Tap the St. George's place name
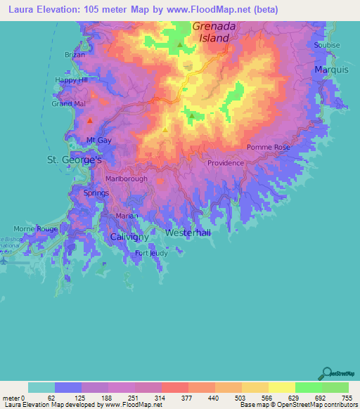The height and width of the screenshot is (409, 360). point(75,160)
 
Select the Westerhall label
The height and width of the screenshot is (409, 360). point(188,233)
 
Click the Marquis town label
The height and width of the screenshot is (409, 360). point(331,70)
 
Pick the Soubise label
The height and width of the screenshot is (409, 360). point(327,45)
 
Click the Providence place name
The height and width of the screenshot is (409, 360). point(225,163)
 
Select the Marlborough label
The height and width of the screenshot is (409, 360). point(127,179)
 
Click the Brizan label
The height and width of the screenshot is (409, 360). point(75,54)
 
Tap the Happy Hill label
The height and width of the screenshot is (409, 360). point(72,80)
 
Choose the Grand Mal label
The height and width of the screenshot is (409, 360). point(69,104)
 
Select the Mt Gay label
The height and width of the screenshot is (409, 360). point(99,141)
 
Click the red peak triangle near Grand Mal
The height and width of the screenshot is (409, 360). point(90,121)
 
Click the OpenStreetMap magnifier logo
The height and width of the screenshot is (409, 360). point(327,373)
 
